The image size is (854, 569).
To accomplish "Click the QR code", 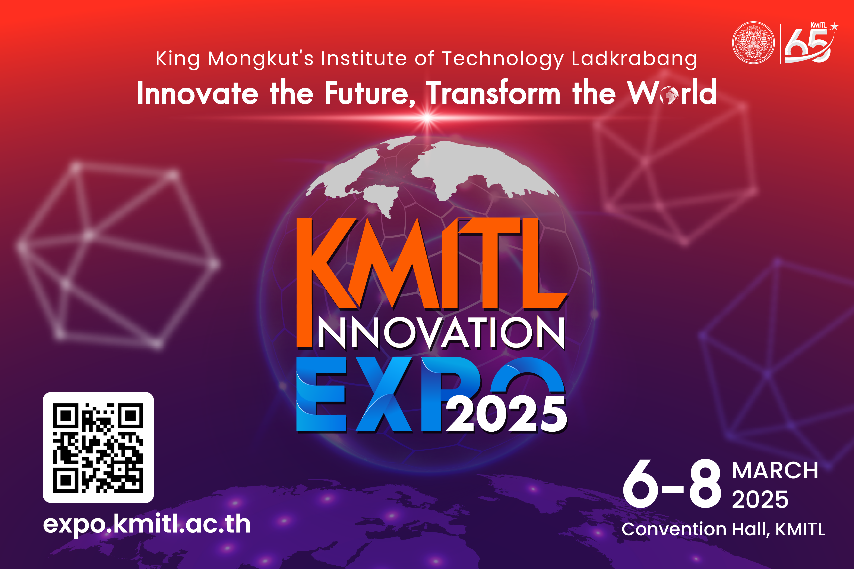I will [x=98, y=447].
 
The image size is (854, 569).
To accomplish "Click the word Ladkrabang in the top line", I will [x=634, y=59].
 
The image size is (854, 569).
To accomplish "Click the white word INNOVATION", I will [x=441, y=333].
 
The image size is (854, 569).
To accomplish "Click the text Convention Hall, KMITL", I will [x=723, y=529].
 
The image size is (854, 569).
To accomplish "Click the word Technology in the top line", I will [x=503, y=59].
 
